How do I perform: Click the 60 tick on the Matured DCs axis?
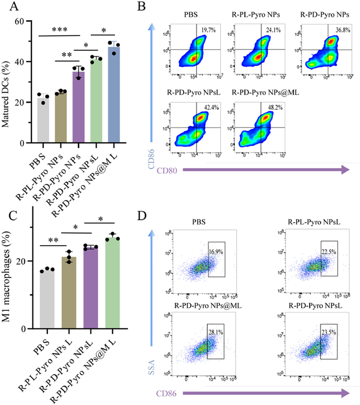tap(21, 22)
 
